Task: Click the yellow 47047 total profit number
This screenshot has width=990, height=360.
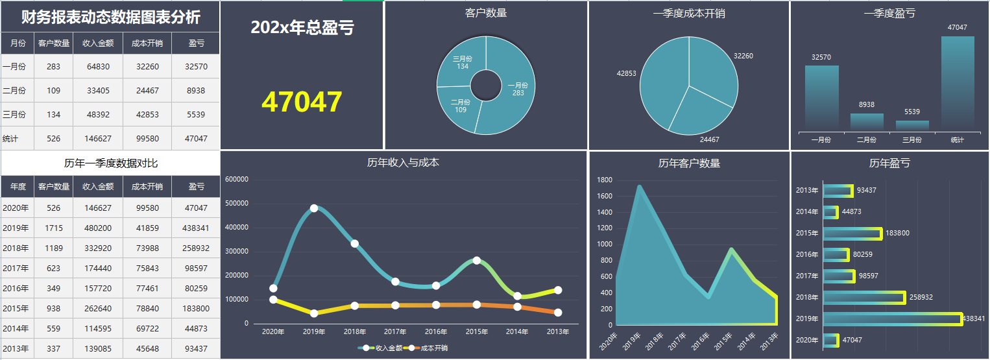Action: click(302, 102)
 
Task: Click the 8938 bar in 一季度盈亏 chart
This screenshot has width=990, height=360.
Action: click(867, 121)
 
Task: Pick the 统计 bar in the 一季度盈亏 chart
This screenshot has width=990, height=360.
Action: click(958, 82)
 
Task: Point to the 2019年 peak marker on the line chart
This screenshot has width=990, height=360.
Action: click(314, 208)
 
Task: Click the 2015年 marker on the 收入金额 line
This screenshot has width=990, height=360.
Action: click(477, 260)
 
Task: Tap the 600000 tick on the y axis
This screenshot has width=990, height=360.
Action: click(237, 180)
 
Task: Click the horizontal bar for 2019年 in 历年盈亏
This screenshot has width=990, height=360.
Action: click(891, 318)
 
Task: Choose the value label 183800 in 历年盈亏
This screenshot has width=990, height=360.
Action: click(898, 234)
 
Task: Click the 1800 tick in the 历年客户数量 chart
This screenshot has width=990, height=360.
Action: click(605, 180)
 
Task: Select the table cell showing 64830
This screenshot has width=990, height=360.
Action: click(98, 67)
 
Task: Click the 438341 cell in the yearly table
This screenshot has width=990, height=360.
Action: click(196, 228)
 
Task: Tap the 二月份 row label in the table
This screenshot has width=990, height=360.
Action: click(14, 91)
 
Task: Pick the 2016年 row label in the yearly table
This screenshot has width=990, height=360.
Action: click(16, 289)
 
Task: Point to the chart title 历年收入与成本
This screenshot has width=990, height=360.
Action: click(403, 163)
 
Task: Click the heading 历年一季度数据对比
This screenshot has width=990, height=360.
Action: click(110, 163)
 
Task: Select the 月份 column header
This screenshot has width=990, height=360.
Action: click(18, 43)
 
